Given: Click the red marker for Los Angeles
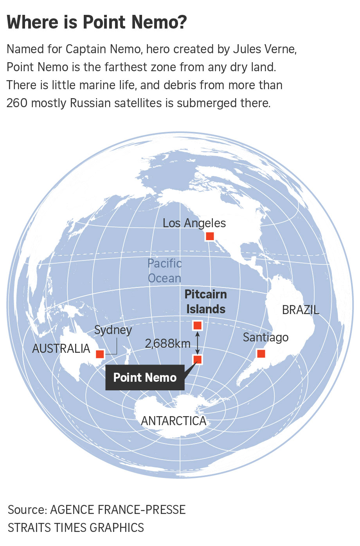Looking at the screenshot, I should [210, 236].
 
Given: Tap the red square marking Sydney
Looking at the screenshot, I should [100, 354].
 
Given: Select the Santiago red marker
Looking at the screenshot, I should [261, 354].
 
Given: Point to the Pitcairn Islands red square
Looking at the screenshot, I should [197, 325].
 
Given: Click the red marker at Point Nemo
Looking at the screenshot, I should [198, 359].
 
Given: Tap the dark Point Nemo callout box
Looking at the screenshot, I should [145, 377].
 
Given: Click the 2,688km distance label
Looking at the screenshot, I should [167, 343].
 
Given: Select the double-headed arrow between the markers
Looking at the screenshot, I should [198, 342].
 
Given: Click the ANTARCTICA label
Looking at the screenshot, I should [173, 421].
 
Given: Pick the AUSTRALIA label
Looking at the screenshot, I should [61, 348].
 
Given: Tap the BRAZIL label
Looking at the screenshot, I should [301, 310].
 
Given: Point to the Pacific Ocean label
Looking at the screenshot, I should [165, 271].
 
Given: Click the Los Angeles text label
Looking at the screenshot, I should [194, 223].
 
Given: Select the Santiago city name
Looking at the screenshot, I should [266, 337].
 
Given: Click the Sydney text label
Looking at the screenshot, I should [113, 330].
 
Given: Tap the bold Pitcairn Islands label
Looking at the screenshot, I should [205, 302].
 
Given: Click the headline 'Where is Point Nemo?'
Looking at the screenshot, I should [97, 22].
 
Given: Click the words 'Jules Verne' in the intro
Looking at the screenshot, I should [265, 49].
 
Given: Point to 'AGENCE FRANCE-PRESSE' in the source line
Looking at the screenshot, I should [118, 510].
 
